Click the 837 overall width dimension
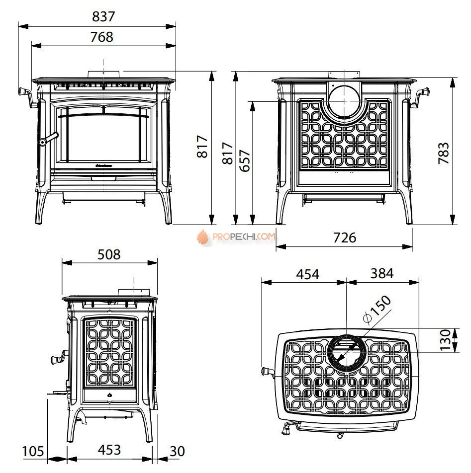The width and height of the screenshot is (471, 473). (103, 16)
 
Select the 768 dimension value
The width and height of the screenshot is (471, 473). (102, 37)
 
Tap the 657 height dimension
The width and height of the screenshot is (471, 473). (245, 160)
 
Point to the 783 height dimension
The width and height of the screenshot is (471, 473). (444, 153)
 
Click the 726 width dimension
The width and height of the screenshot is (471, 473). (345, 237)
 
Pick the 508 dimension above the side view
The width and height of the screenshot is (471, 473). (109, 254)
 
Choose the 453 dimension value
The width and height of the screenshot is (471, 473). (109, 450)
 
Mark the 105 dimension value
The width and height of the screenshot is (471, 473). (33, 451)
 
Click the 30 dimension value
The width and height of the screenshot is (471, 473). (177, 451)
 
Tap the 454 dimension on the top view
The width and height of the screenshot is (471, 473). (308, 274)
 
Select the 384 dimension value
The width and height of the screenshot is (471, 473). (382, 273)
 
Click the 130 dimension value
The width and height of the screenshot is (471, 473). (445, 340)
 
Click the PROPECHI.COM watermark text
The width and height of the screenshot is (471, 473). (244, 236)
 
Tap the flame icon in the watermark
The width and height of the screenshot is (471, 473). (203, 236)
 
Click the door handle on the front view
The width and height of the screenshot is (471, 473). (48, 139)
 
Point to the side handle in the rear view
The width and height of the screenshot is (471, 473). (419, 96)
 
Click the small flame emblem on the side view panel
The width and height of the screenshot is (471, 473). (110, 394)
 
